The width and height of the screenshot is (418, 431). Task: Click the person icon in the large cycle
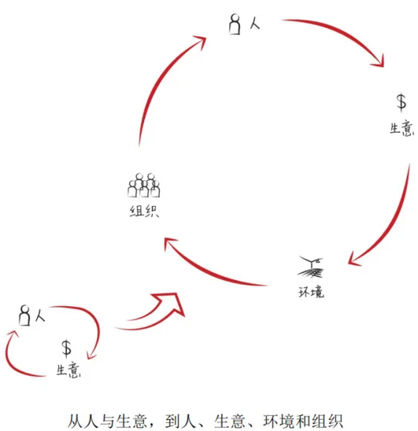235,24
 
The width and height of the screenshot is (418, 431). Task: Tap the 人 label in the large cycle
255,24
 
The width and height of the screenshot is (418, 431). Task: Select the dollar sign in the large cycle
401,102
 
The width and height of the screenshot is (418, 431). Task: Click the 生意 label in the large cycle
401,128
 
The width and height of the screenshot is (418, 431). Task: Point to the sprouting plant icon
311,267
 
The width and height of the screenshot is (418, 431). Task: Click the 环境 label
311,292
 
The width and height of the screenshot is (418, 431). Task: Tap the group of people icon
143,186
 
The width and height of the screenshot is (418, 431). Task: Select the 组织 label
144,212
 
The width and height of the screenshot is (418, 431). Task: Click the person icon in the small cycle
24,315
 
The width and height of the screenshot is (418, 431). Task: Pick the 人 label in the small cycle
40,315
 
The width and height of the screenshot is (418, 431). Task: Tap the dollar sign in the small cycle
66,348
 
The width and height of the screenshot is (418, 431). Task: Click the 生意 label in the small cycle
68,370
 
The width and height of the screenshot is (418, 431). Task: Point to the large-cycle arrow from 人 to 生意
344,31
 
